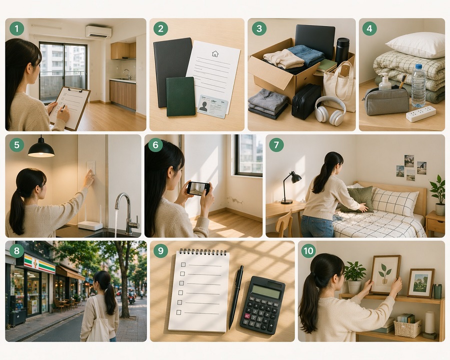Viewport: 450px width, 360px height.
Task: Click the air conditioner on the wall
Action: pyautogui.click(x=98, y=32)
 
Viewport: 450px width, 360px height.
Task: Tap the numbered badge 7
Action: pyautogui.click(x=276, y=145)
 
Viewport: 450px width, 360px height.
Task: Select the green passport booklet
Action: pyautogui.click(x=180, y=96)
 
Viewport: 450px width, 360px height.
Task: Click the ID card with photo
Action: pyautogui.click(x=212, y=105)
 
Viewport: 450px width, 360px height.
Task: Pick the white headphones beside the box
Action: pyautogui.click(x=330, y=110)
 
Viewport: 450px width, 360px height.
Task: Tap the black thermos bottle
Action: pyautogui.click(x=342, y=50)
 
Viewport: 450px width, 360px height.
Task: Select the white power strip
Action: pyautogui.click(x=420, y=113)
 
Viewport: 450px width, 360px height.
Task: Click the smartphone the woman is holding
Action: pyautogui.click(x=198, y=188)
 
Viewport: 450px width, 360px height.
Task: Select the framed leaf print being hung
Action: pyautogui.click(x=385, y=274)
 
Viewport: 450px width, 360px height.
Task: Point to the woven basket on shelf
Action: pyautogui.click(x=407, y=328)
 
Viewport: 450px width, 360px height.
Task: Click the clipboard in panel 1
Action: pyautogui.click(x=70, y=106)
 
